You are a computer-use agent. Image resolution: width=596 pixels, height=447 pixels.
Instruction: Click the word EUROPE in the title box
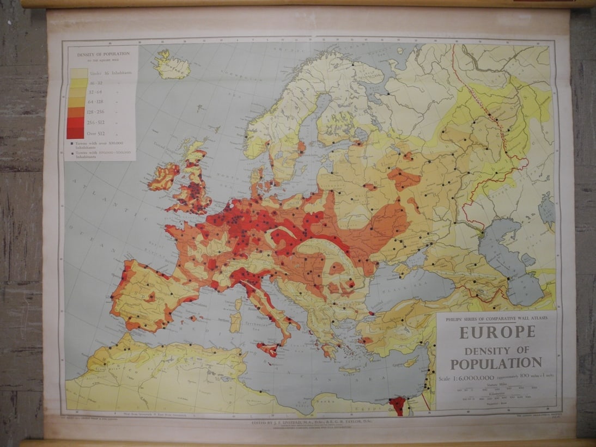497,332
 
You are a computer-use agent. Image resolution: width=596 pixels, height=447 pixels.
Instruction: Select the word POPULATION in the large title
498,363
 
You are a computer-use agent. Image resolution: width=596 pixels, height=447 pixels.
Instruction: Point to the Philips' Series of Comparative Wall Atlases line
497,317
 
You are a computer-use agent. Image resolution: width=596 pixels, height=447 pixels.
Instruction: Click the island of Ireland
163,177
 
